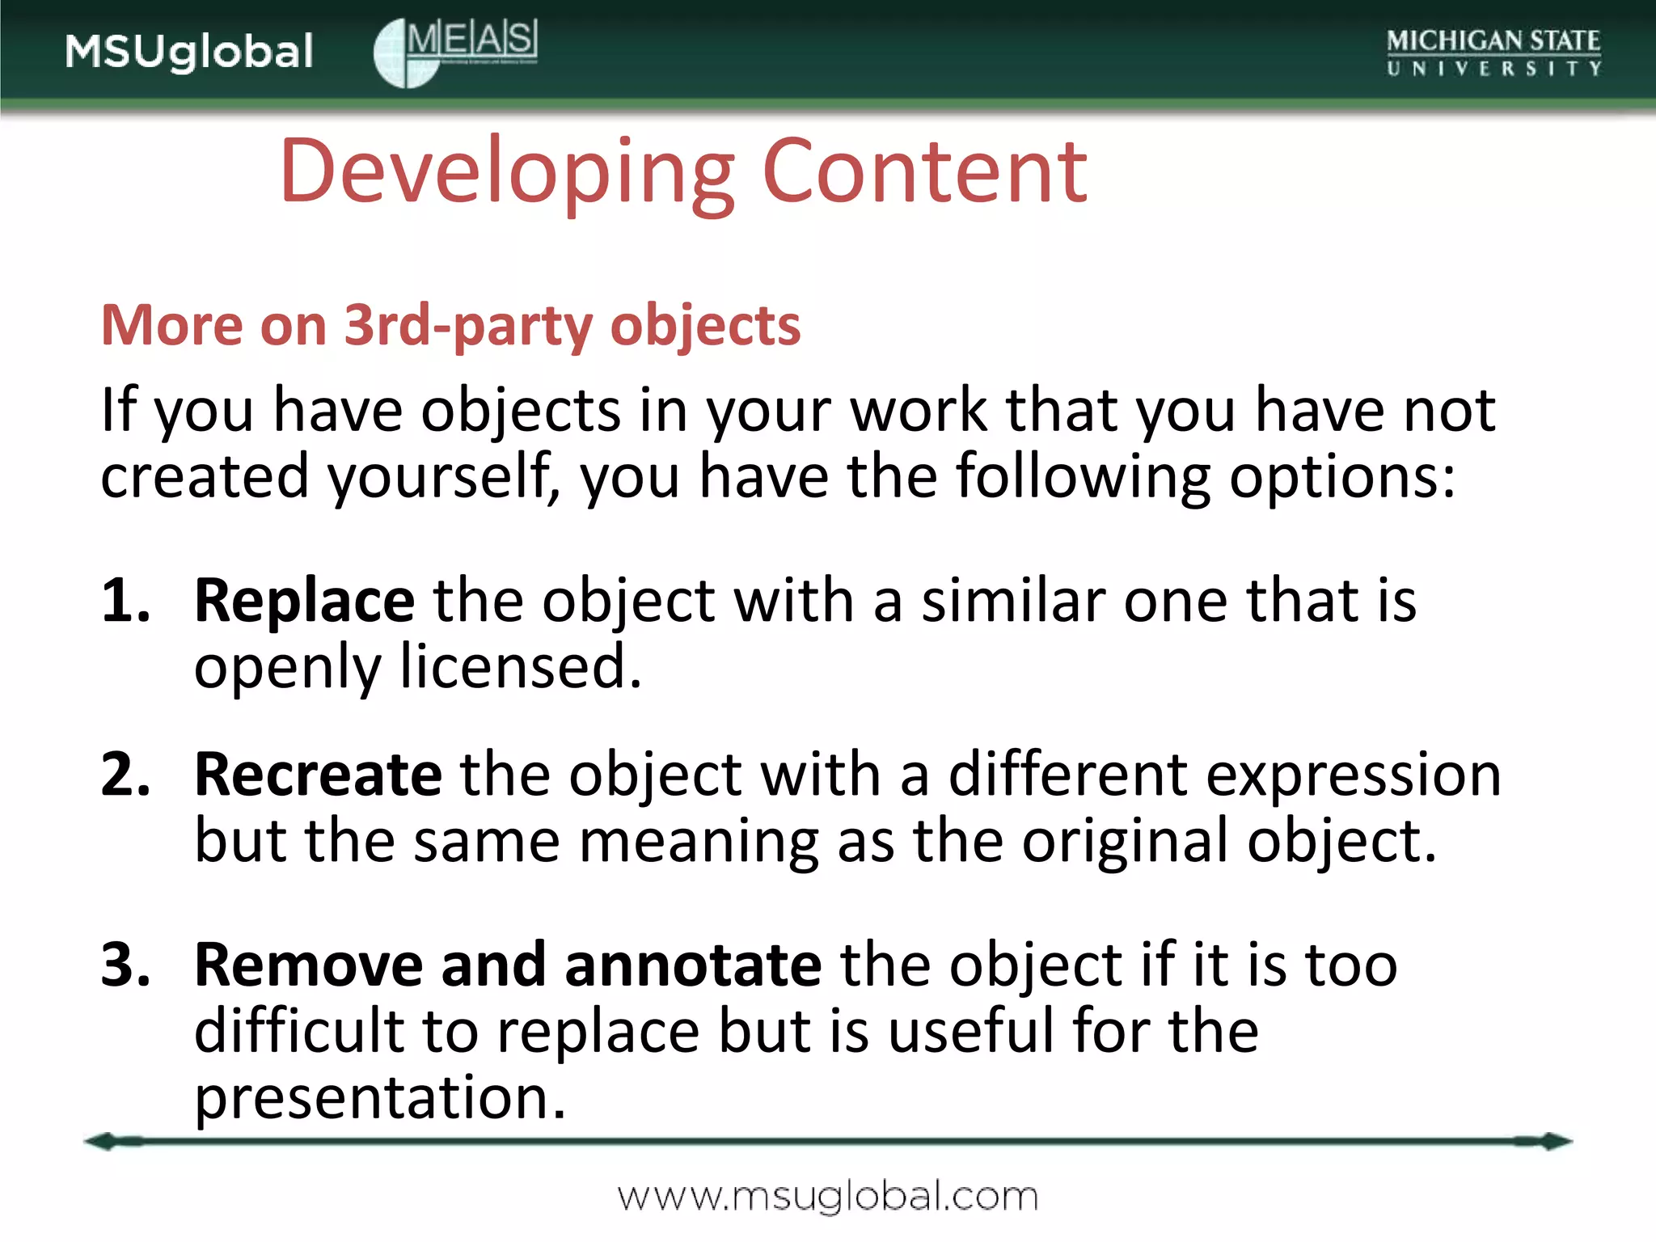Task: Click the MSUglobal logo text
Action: tap(189, 52)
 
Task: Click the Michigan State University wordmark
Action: tap(1493, 52)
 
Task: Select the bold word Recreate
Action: tap(318, 775)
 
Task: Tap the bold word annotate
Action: tap(693, 965)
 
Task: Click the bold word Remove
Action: tap(308, 965)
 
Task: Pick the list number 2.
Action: tap(125, 775)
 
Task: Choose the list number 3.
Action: tap(125, 965)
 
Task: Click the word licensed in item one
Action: tap(521, 668)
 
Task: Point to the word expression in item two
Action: tap(1353, 775)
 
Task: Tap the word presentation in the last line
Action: tap(379, 1097)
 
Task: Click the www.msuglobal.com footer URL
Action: tap(827, 1197)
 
